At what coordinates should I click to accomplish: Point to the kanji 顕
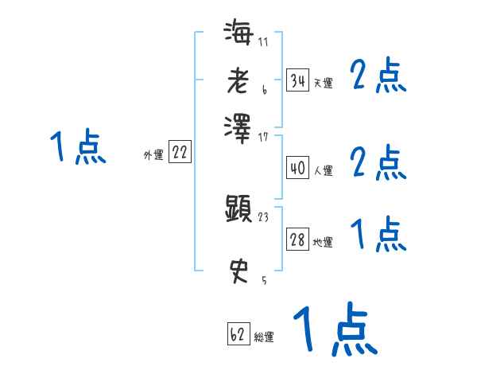coord(238,208)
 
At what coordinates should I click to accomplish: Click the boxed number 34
coord(298,80)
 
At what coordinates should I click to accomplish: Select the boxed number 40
coord(298,168)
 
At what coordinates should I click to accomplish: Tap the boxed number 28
coord(298,240)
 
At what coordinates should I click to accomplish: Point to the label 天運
coord(324,83)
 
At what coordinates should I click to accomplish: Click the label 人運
coord(324,170)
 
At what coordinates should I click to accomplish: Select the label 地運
coord(324,242)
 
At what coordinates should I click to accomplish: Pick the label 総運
coord(264,337)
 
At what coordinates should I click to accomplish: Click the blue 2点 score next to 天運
coord(378,78)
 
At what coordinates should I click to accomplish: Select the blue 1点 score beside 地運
coord(378,236)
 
